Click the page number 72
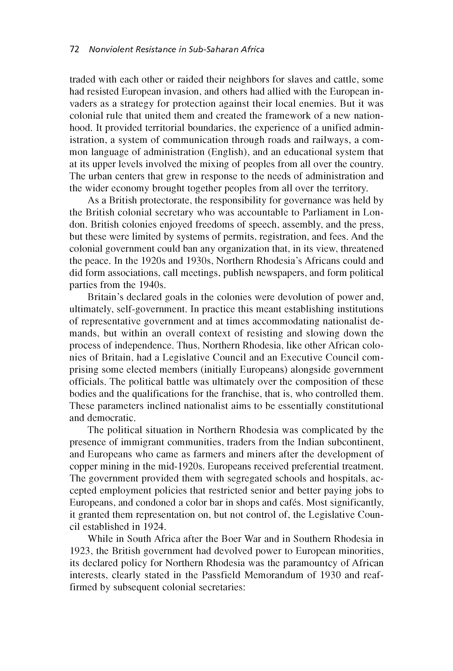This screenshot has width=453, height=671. (x=74, y=49)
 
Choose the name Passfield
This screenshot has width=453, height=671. (x=221, y=575)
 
